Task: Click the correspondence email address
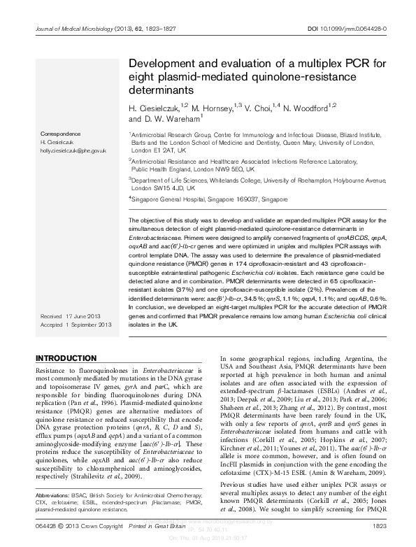73,150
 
